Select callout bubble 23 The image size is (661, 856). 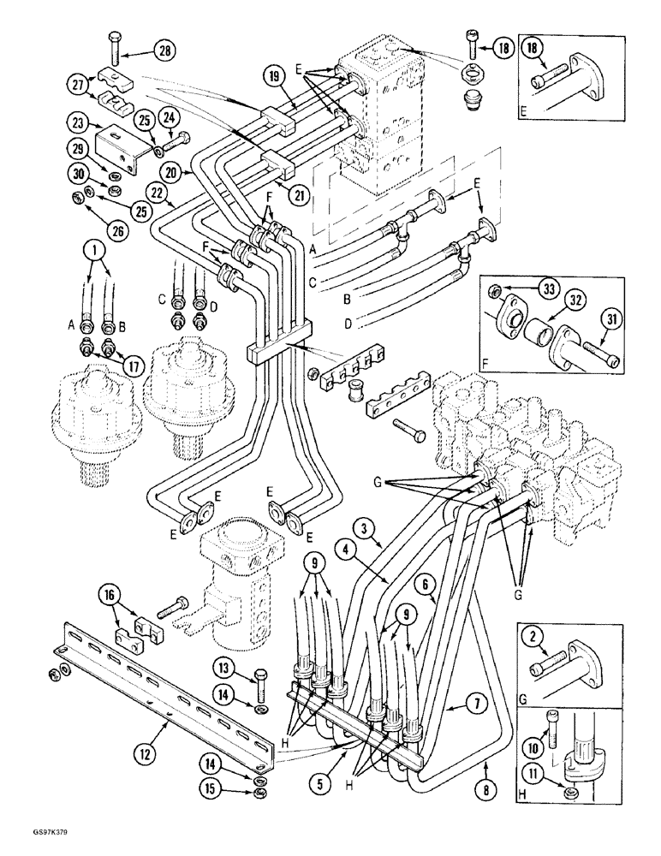click(77, 121)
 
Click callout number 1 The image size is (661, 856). click(94, 252)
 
